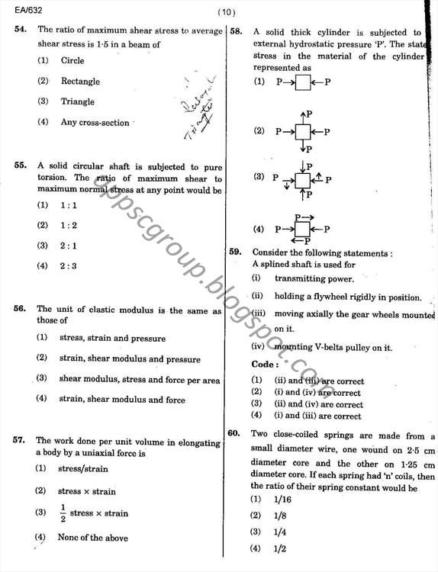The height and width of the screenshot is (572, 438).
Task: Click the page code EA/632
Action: [18, 10]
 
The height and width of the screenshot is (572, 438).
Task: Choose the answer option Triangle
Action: [77, 101]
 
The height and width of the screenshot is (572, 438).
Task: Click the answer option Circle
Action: [72, 60]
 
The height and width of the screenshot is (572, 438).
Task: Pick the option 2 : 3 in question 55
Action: [69, 266]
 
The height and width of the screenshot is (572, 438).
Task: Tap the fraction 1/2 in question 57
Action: [63, 513]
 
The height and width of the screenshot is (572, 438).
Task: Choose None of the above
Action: [92, 538]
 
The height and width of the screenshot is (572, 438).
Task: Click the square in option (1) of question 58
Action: [303, 82]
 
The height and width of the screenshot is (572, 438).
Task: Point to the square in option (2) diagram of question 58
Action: [303, 132]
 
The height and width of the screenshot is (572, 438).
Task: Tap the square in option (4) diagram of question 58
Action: [303, 229]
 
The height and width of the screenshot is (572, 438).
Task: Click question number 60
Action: [235, 435]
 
